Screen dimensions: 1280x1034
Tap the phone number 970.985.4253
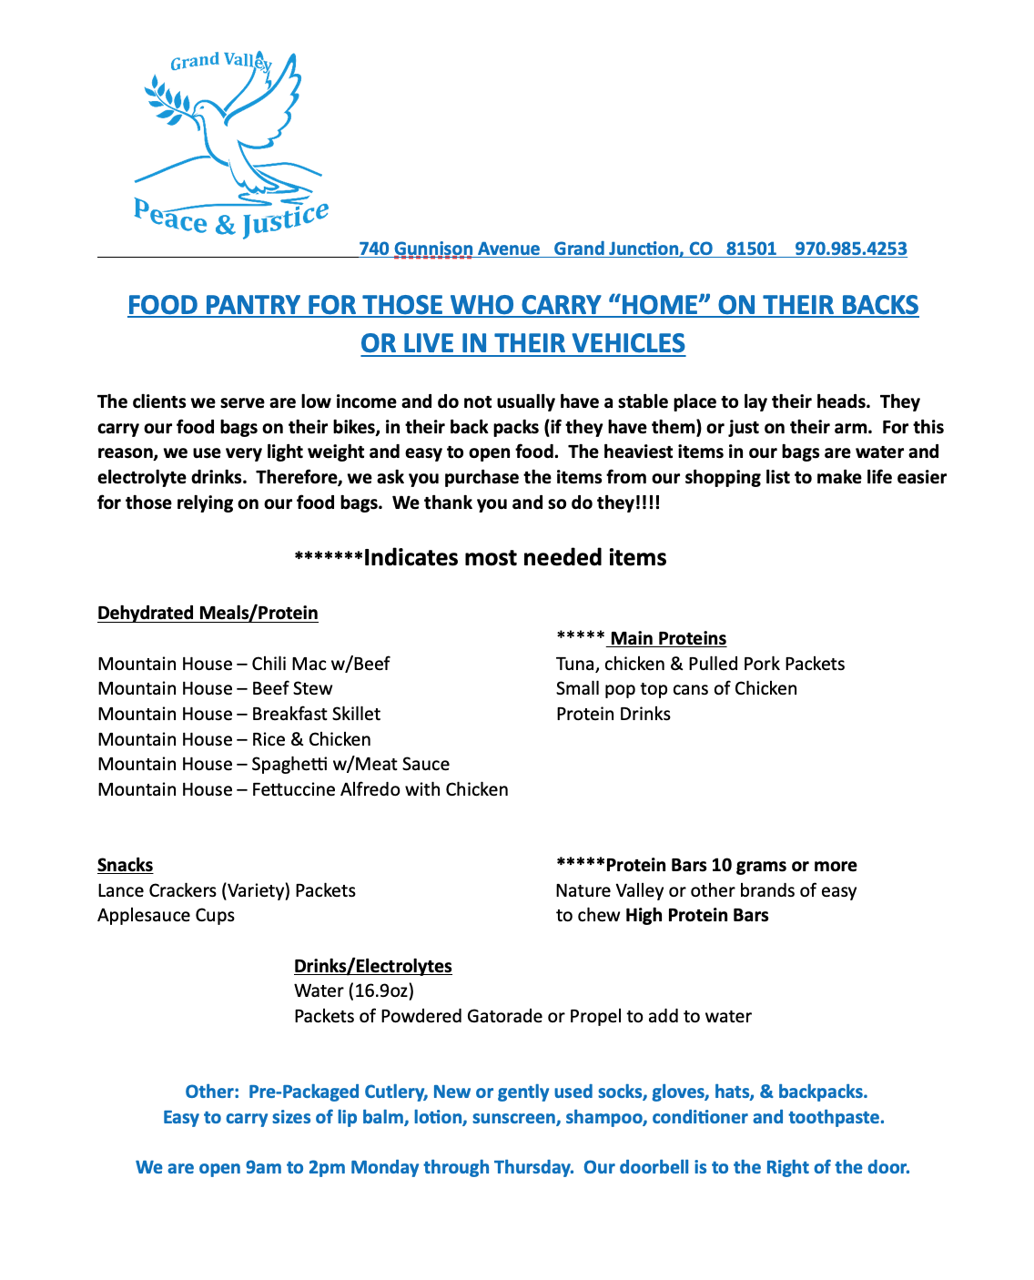point(850,249)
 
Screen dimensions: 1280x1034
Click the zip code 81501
point(751,249)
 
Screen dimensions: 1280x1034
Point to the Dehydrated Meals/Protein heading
point(208,613)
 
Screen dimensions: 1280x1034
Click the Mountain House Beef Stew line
point(215,688)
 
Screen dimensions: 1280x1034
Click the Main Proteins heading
point(667,638)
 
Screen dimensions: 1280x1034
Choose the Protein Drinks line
point(613,714)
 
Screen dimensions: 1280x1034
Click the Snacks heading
point(125,865)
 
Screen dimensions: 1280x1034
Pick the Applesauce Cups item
point(166,915)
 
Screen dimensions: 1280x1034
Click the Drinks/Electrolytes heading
point(372,966)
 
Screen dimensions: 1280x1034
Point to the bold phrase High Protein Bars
point(696,915)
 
